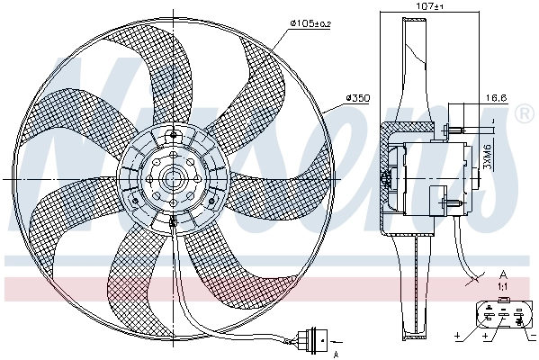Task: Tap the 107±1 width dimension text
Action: [429, 7]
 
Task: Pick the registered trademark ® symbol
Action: [525, 114]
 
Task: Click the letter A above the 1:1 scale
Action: [503, 274]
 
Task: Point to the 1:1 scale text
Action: [503, 285]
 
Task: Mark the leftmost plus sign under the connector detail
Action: [458, 337]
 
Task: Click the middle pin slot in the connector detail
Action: [504, 314]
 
